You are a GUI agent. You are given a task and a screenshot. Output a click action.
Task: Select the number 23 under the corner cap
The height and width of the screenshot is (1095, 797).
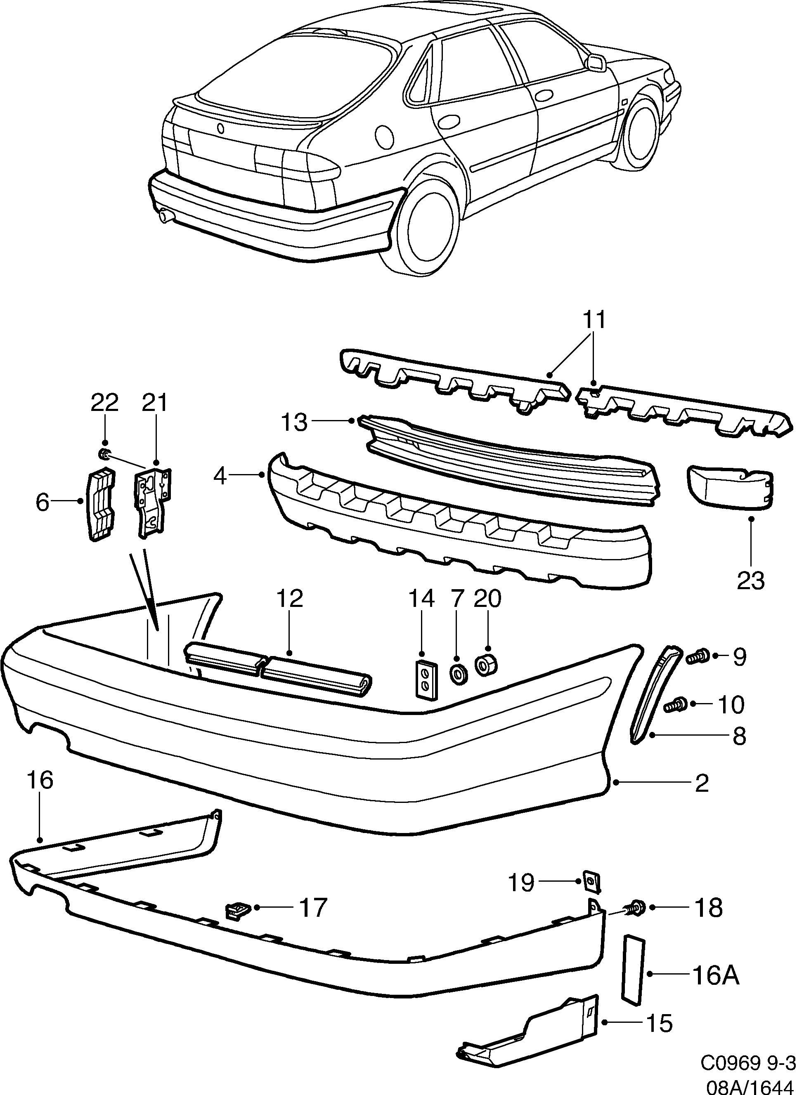click(751, 581)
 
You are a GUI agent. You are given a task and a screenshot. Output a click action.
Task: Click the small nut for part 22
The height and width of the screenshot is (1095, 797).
click(102, 454)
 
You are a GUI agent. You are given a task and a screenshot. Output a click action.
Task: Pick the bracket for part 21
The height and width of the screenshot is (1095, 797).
click(153, 502)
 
